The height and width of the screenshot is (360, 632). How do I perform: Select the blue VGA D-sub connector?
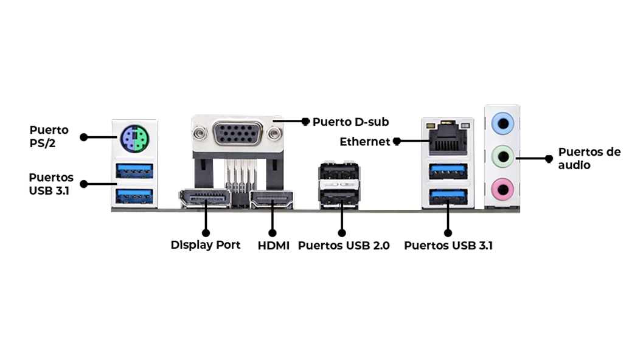tap(238, 132)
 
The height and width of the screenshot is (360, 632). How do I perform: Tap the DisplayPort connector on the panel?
tap(205, 198)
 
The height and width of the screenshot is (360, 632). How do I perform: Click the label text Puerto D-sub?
tap(350, 122)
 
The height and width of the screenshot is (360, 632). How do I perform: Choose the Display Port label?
tap(206, 245)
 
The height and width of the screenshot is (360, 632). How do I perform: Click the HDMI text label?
tap(273, 246)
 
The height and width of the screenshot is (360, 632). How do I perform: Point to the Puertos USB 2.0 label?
tap(344, 246)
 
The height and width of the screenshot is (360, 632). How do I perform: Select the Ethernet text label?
tap(364, 142)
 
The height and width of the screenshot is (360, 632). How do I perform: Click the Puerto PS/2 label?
tap(49, 136)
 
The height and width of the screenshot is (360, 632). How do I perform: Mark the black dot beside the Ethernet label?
tap(397, 142)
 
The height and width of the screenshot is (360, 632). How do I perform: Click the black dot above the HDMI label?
tap(273, 232)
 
